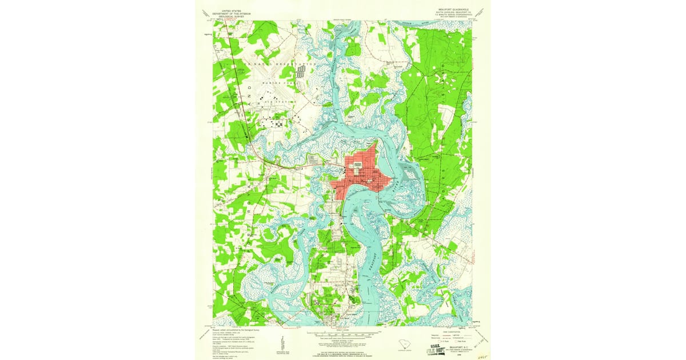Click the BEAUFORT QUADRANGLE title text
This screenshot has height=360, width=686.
point(449,9)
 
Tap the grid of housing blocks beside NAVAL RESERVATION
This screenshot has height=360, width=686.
point(302,71)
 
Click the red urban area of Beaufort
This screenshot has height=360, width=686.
point(360,177)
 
